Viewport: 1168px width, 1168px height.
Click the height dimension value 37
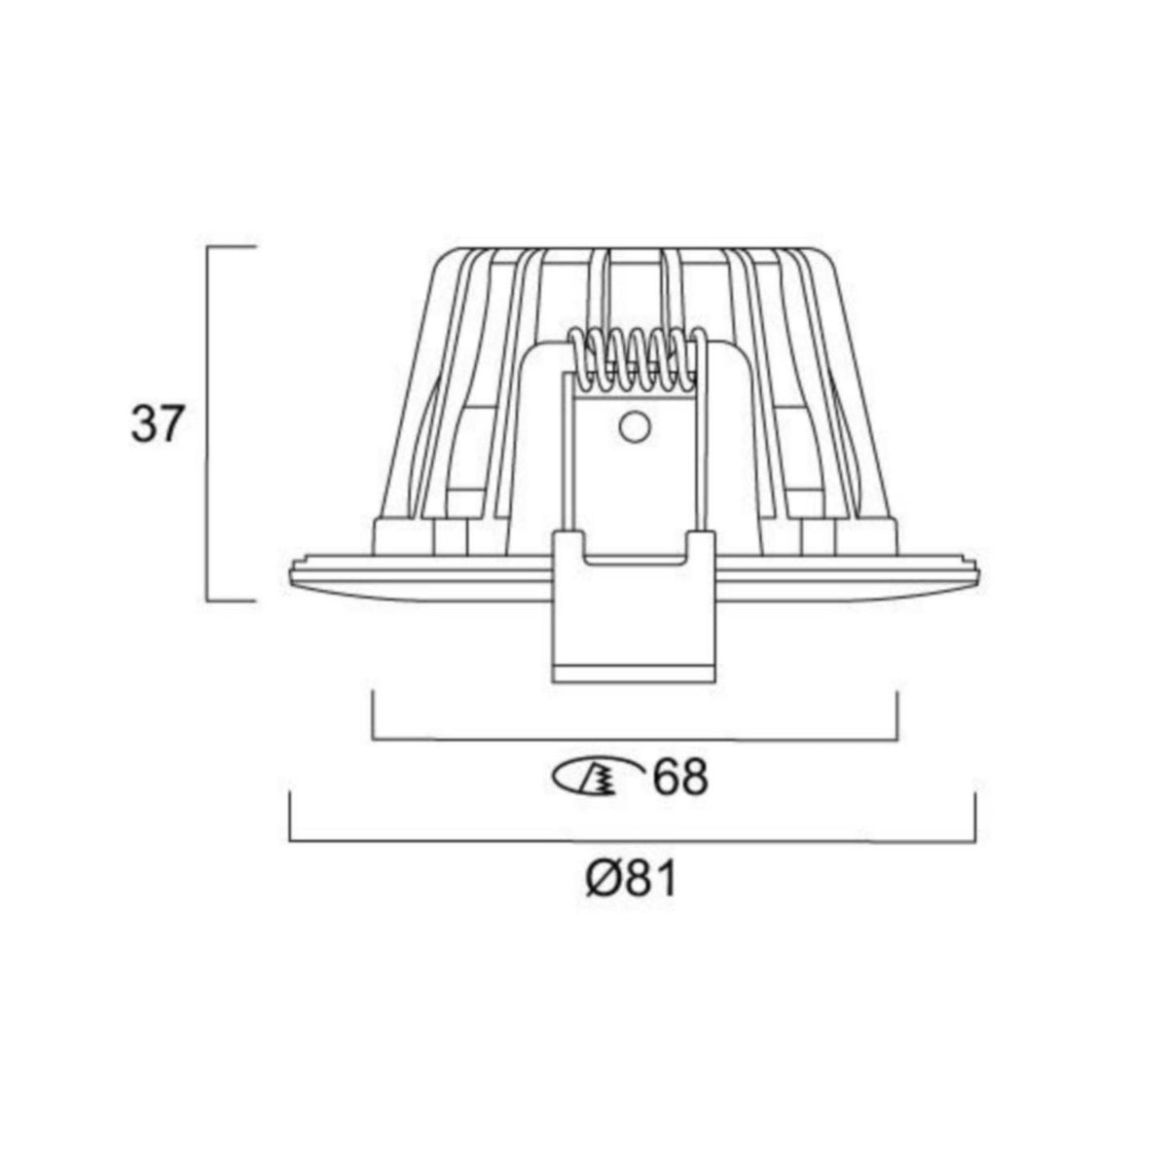click(157, 426)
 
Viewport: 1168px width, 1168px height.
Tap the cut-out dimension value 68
click(679, 779)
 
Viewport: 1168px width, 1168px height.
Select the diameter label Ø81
click(631, 880)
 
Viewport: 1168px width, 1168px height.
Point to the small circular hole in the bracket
click(634, 425)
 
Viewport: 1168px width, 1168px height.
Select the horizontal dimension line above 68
click(635, 739)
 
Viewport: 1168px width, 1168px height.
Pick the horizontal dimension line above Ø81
click(633, 841)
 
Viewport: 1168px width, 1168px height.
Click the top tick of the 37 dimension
click(232, 248)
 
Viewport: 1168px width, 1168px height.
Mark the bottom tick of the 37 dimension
click(232, 602)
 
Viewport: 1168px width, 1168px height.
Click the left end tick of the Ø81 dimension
click(291, 817)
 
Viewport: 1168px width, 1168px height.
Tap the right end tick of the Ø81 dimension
click(975, 817)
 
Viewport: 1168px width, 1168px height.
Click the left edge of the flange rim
click(292, 574)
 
